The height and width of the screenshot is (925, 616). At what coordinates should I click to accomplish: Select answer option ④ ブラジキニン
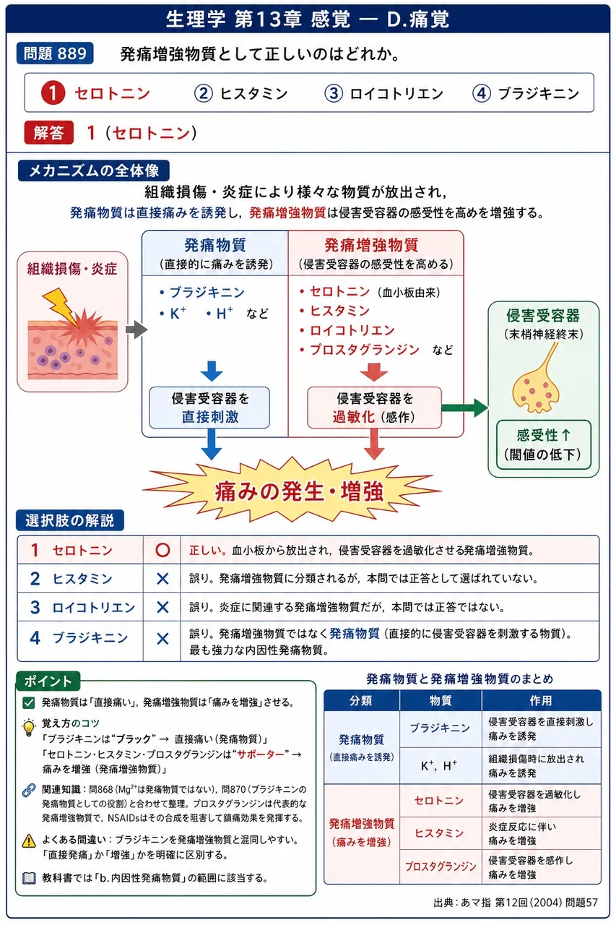coord(526,94)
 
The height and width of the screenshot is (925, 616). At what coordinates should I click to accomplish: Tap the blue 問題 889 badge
coord(55,53)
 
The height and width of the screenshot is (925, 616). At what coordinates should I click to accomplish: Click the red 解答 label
coord(48,132)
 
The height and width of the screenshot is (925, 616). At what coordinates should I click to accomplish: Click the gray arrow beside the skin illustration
coord(136,329)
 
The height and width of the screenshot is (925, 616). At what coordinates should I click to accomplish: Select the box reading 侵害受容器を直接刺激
coord(209,408)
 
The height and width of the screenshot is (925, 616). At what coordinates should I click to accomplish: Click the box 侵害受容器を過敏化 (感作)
coord(374,408)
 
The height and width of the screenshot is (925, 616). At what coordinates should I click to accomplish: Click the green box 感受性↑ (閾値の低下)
coord(543,444)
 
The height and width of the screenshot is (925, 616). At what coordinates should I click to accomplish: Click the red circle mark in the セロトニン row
coord(162,550)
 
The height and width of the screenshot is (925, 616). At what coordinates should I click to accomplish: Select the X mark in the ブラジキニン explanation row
coord(163,639)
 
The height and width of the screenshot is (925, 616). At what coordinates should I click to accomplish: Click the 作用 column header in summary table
coord(541,700)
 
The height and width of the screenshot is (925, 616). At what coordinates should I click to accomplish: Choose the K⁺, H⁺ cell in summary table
coord(441,766)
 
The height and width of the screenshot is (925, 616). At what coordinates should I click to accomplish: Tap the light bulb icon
coord(29,728)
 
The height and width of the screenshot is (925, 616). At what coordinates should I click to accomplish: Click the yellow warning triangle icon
coord(29,840)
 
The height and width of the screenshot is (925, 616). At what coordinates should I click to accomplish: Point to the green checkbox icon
coord(29,703)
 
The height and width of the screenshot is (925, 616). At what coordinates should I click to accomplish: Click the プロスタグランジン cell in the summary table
coord(441,866)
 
